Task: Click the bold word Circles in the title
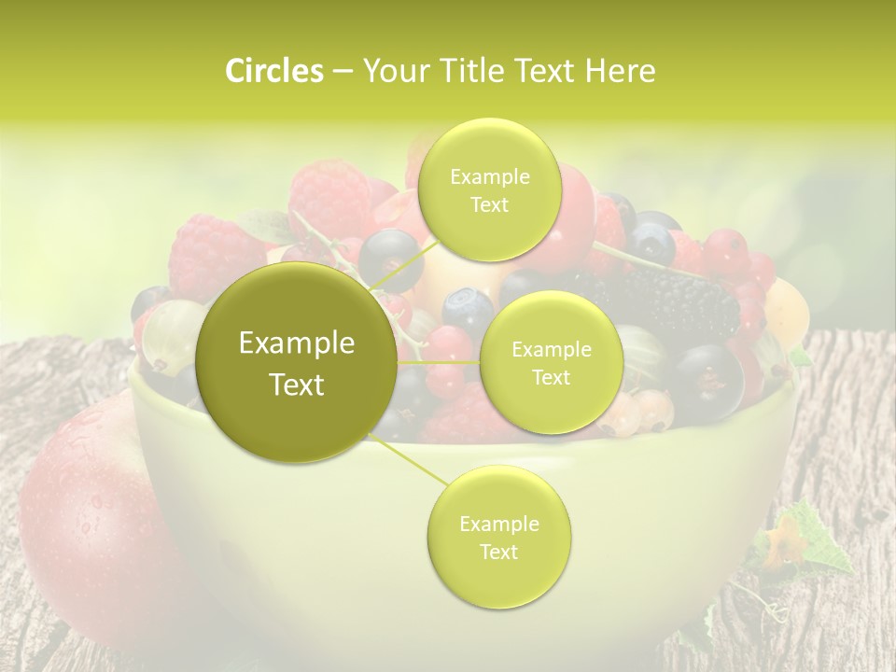[273, 71]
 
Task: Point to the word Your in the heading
[391, 71]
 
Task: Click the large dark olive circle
[297, 362]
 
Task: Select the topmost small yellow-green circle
[488, 189]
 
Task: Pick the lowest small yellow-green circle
[498, 537]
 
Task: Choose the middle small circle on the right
[551, 363]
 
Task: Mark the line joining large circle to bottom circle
[401, 457]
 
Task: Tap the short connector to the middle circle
[439, 362]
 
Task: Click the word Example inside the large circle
[297, 343]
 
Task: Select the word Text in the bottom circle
[498, 552]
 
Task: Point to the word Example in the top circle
[489, 176]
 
